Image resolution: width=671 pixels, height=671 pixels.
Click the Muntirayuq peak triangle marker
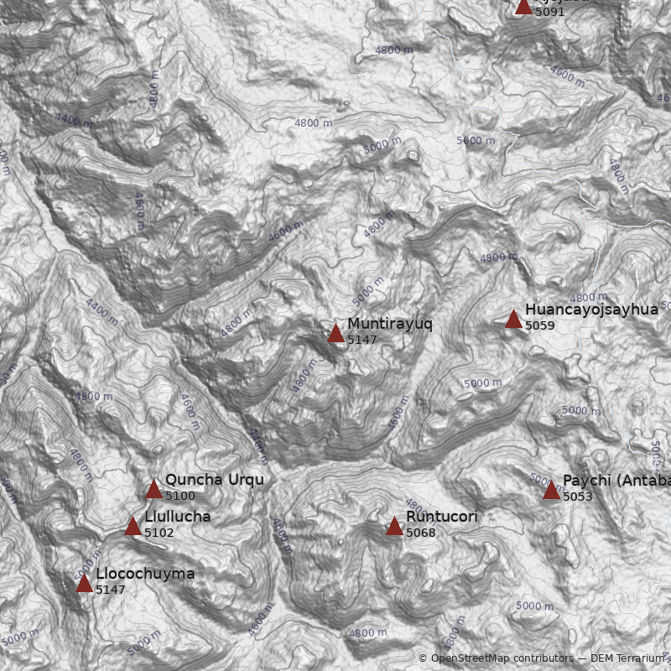click(335, 334)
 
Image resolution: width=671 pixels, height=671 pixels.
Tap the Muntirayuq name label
click(389, 324)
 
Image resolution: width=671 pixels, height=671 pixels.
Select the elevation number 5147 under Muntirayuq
click(362, 340)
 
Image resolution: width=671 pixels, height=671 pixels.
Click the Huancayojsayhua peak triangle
click(513, 320)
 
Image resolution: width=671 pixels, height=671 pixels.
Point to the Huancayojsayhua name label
click(591, 309)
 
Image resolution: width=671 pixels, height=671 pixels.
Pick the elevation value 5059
click(539, 325)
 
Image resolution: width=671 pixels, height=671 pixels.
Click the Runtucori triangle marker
click(394, 527)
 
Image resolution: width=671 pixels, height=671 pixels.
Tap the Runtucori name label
click(441, 517)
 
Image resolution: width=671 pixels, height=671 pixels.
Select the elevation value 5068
click(420, 533)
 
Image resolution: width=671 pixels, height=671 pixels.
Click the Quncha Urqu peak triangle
click(153, 490)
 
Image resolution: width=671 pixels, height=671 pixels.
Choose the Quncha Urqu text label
click(214, 480)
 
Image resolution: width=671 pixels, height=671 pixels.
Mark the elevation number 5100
click(179, 496)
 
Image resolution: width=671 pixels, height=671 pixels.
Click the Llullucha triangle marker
click(133, 527)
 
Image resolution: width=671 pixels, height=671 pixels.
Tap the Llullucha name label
click(177, 517)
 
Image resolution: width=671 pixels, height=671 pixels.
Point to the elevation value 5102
click(159, 533)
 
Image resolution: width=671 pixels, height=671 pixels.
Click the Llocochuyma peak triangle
click(84, 584)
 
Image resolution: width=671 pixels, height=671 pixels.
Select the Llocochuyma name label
click(144, 574)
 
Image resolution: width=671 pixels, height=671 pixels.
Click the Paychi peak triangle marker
click(551, 491)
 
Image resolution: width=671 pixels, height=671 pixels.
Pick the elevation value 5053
click(577, 497)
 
